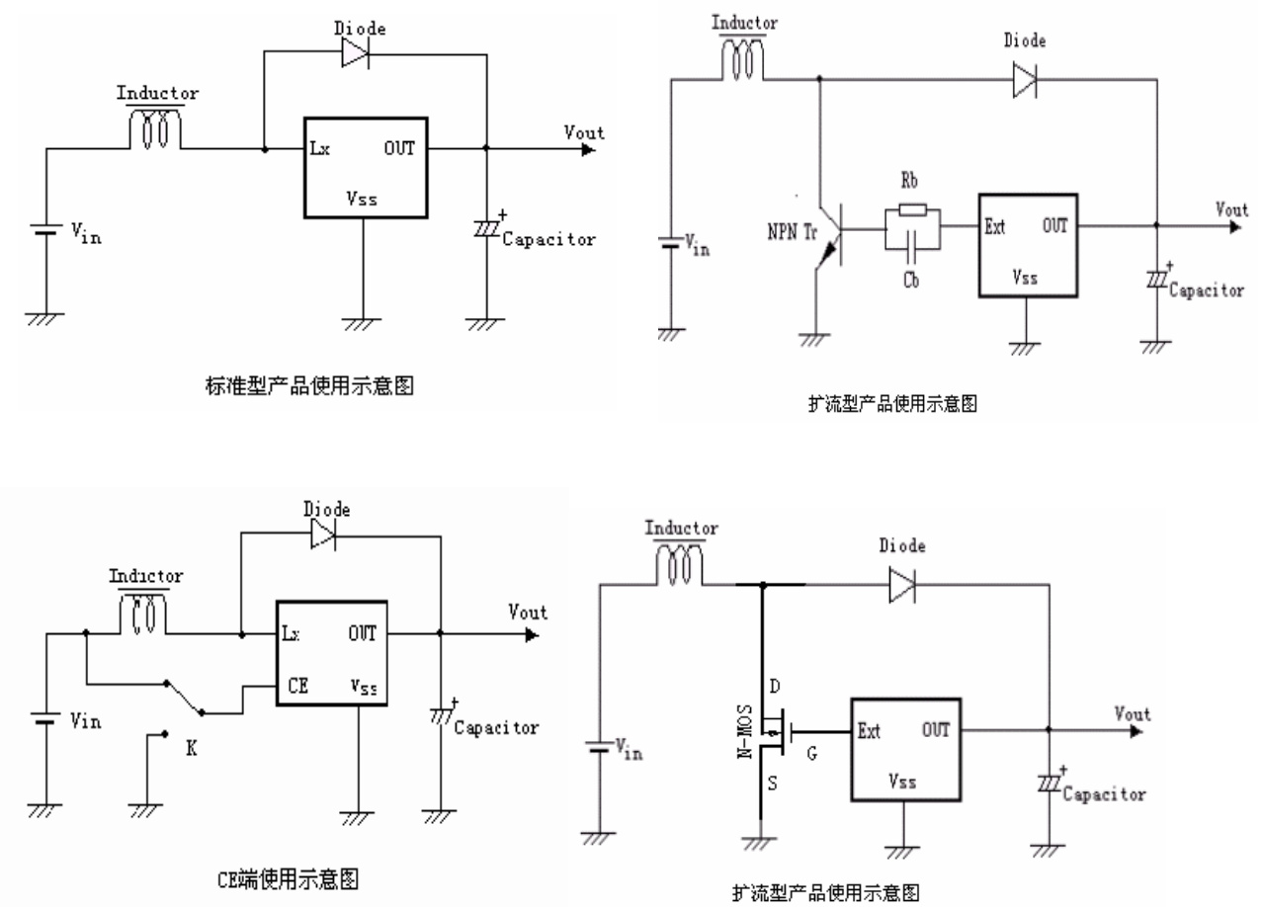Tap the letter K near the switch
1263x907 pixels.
[191, 750]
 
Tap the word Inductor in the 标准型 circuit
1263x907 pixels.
[158, 94]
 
